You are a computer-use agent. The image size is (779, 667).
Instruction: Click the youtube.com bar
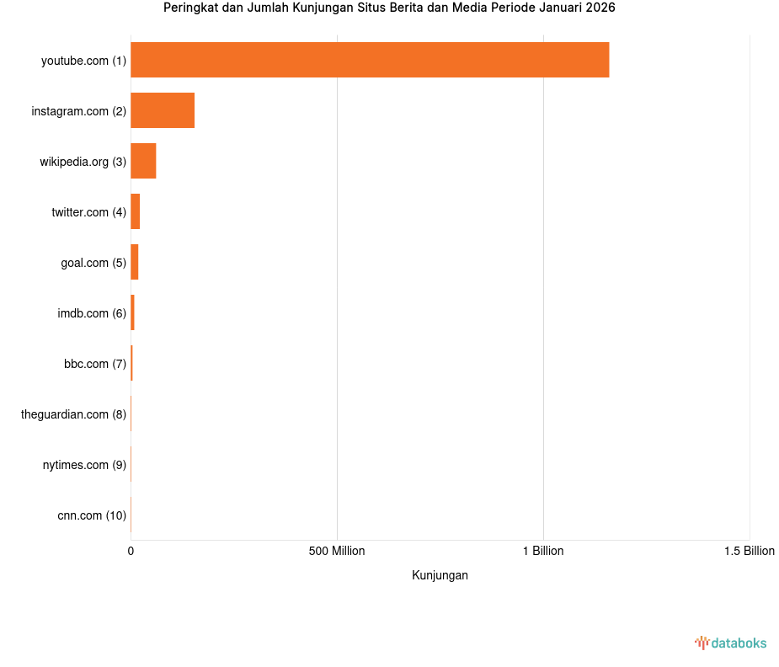click(x=370, y=60)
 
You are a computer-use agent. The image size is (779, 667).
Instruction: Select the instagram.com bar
click(x=163, y=110)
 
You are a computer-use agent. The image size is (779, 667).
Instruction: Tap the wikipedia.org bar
click(x=143, y=161)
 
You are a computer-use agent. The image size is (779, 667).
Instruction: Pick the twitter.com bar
click(x=136, y=211)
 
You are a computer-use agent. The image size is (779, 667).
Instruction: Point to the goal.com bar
click(x=135, y=262)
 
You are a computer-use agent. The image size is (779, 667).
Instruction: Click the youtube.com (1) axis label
click(x=83, y=61)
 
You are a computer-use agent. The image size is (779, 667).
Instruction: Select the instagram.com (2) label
click(x=78, y=111)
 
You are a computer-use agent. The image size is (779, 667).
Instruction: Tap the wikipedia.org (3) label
click(x=83, y=162)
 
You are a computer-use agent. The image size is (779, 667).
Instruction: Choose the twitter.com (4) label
click(x=88, y=212)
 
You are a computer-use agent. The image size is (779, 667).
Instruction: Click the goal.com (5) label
click(x=93, y=263)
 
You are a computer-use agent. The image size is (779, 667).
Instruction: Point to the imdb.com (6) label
click(x=92, y=313)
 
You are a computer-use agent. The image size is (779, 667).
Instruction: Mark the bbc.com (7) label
click(x=95, y=364)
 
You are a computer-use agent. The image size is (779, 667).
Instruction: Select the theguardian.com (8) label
click(x=73, y=414)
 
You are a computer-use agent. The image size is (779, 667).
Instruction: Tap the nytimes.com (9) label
click(x=84, y=465)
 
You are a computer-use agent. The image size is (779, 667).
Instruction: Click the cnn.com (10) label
click(x=92, y=515)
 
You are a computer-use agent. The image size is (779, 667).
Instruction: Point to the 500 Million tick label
click(x=337, y=551)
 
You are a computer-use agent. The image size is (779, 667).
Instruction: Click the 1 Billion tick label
click(x=543, y=551)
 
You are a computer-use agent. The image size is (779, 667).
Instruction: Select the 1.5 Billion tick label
click(x=749, y=551)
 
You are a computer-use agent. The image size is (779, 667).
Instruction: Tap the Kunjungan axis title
click(x=440, y=575)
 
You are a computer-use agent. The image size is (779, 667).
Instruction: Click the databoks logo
click(x=731, y=643)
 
